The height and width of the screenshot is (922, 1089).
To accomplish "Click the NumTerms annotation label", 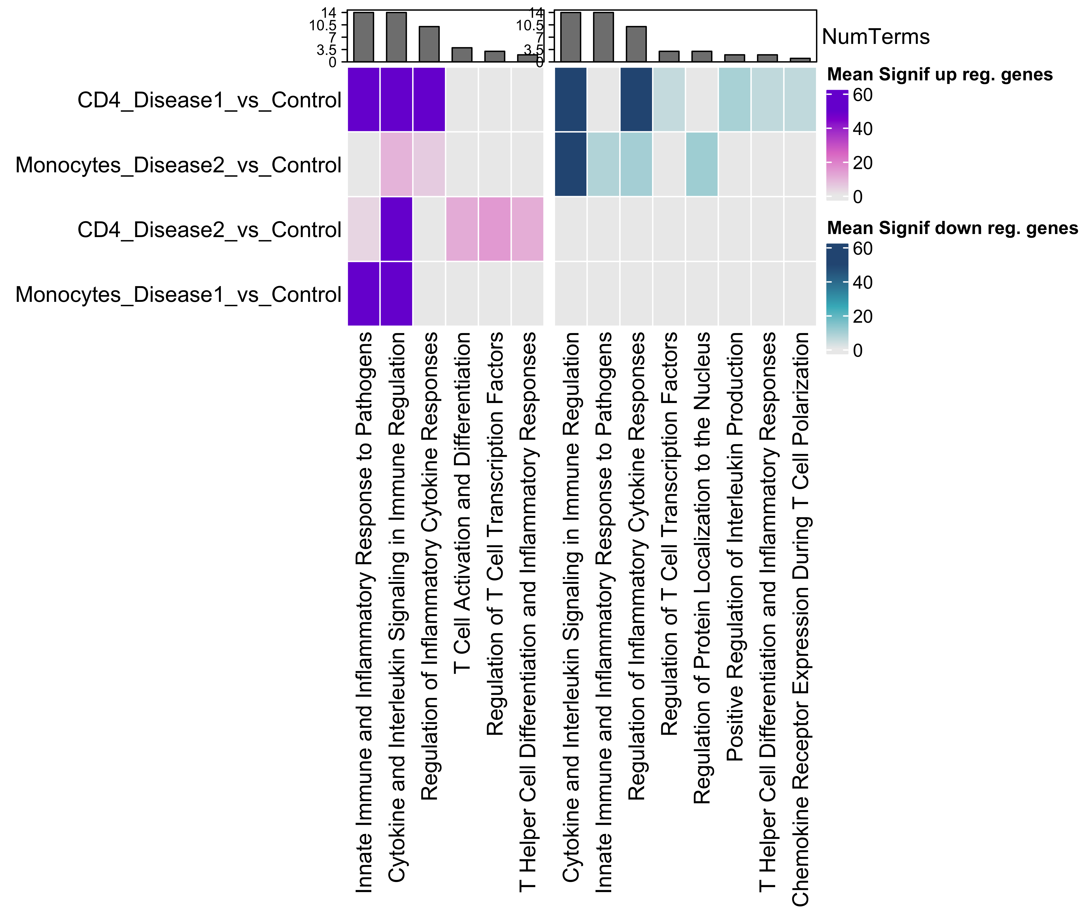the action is click(876, 37).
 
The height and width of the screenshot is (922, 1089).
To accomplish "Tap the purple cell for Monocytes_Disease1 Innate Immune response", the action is click(364, 294).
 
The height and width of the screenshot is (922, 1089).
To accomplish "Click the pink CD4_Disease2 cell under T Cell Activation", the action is click(462, 229).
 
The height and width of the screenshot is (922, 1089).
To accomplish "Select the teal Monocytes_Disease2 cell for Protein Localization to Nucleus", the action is click(702, 164).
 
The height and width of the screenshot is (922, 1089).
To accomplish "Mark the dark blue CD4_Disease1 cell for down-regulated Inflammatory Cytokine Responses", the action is click(636, 99).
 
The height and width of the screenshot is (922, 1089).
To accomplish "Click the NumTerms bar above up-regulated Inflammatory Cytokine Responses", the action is click(429, 44).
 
